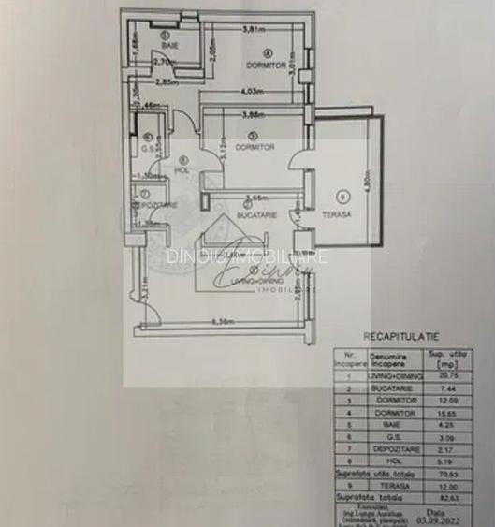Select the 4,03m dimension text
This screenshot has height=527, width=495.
(x=249, y=91)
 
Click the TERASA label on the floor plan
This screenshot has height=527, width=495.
(x=338, y=214)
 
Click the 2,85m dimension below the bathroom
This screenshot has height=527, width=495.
(x=168, y=81)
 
